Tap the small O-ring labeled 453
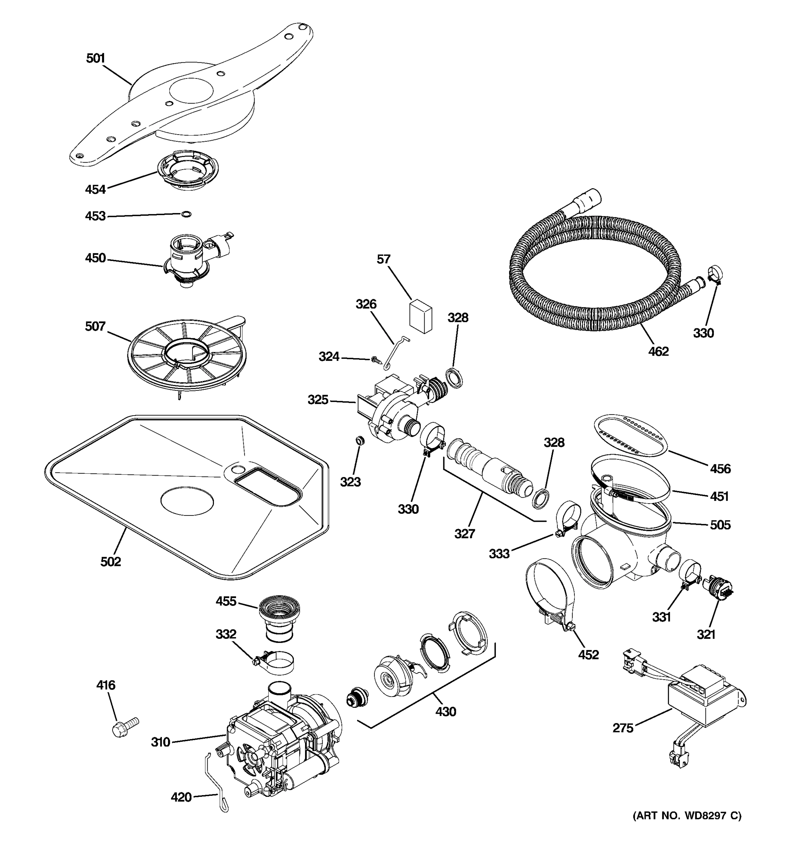(186, 214)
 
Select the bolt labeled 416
(124, 727)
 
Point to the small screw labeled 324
(375, 360)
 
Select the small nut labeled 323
(360, 441)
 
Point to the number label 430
(446, 712)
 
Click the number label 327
(465, 534)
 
